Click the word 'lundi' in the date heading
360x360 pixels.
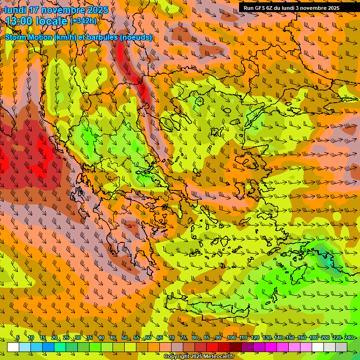tap(15, 10)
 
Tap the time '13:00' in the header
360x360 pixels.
tap(20, 21)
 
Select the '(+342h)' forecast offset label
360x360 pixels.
tap(83, 21)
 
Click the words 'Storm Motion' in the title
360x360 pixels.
tap(29, 37)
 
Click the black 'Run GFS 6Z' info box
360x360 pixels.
tap(291, 8)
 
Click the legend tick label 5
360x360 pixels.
tap(18, 337)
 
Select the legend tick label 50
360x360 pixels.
tap(124, 337)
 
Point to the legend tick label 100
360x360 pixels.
tap(232, 337)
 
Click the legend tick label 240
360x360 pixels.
tap(349, 337)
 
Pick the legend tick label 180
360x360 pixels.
tap(314, 337)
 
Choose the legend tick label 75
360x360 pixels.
tap(183, 337)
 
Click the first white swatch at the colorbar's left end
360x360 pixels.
tap(13, 347)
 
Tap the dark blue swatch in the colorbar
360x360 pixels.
tap(48, 347)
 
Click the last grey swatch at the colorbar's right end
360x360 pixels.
tap(341, 347)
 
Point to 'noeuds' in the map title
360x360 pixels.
tap(136, 37)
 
